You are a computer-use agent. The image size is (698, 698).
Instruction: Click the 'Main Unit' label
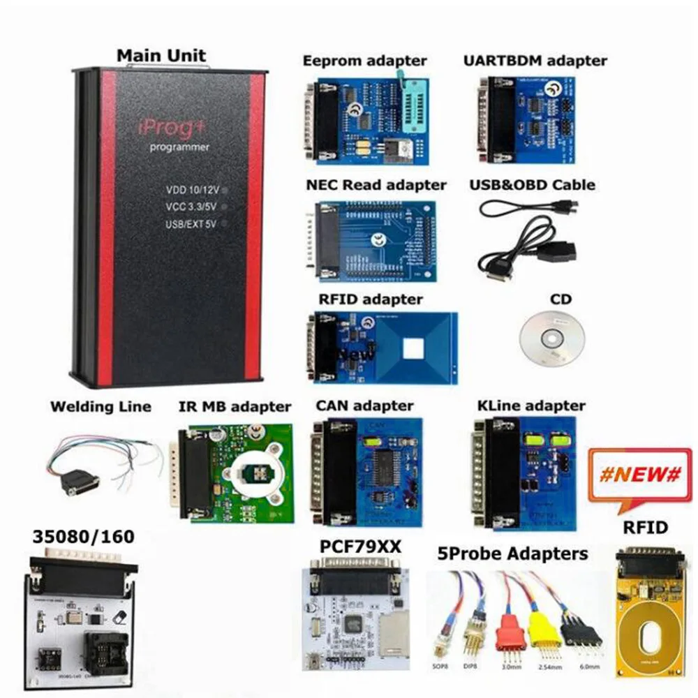click(x=161, y=55)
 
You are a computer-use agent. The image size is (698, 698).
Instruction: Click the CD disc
click(x=551, y=339)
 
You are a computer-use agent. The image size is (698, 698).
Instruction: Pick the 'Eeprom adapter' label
click(x=364, y=61)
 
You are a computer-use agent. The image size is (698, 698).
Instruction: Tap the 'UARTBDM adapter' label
click(x=535, y=61)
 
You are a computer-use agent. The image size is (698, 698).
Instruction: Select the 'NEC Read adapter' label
click(x=376, y=185)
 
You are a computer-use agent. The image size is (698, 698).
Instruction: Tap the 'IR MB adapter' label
click(x=230, y=406)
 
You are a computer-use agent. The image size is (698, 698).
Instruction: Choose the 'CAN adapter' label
click(x=364, y=405)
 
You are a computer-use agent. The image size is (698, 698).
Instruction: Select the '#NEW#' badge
click(x=639, y=475)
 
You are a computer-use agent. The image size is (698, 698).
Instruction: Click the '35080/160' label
click(x=83, y=537)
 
